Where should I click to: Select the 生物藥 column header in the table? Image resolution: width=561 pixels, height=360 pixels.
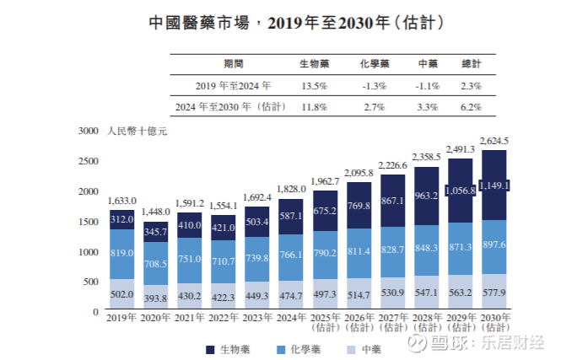[x=315, y=64]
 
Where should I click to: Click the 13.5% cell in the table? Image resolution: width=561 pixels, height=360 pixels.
[x=315, y=86]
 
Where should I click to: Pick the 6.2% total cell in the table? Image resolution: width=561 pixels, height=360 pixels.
[x=471, y=108]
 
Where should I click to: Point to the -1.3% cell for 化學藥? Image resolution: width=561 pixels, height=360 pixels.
[x=373, y=86]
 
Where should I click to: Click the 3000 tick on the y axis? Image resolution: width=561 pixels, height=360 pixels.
[x=89, y=132]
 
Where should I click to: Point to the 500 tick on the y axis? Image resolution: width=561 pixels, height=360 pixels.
[x=92, y=282]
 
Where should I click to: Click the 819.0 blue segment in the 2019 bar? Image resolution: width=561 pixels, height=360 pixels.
[x=121, y=254]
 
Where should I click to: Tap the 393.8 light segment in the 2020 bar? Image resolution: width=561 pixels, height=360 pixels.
[x=155, y=299]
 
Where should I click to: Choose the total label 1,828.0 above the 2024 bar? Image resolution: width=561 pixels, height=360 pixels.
[x=290, y=190]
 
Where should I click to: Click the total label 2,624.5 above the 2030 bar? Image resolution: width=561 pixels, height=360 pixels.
[x=494, y=141]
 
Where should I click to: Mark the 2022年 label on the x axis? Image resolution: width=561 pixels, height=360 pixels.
[x=223, y=320]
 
